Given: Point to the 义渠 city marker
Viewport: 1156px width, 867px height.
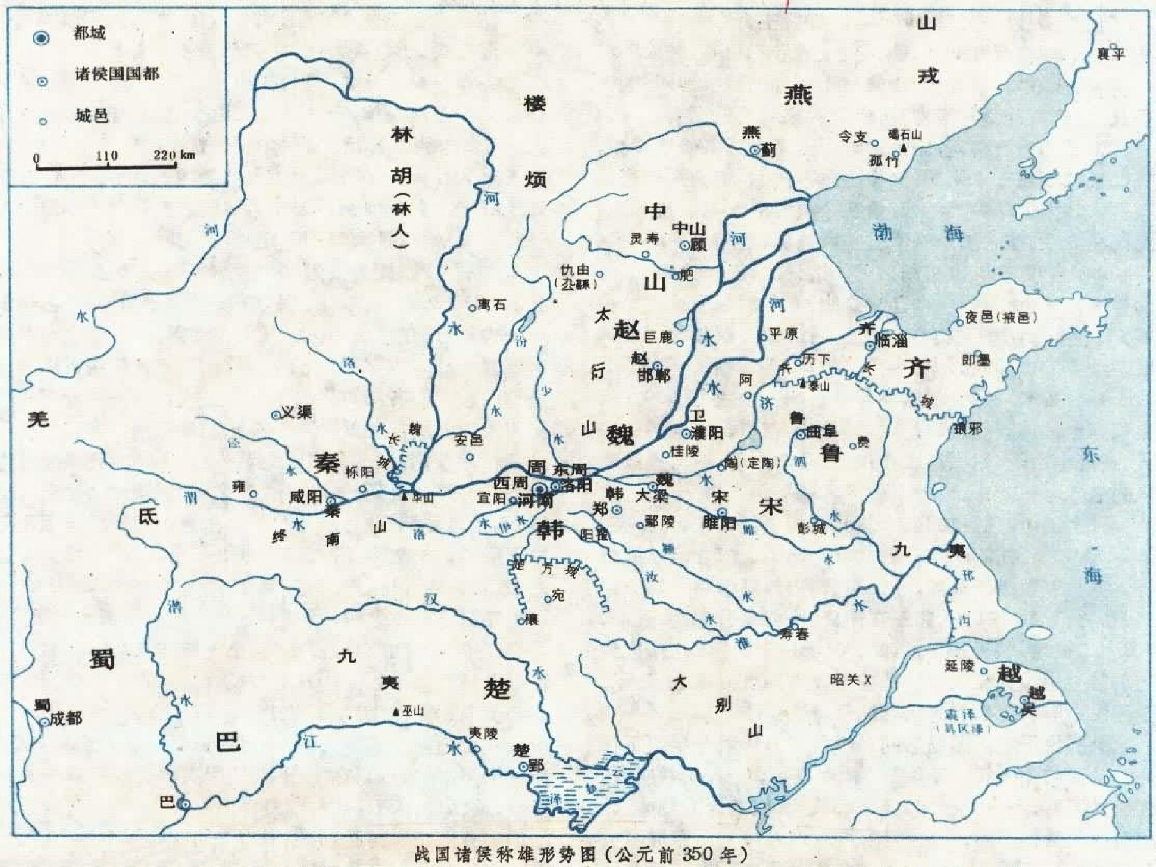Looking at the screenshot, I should tap(275, 414).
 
